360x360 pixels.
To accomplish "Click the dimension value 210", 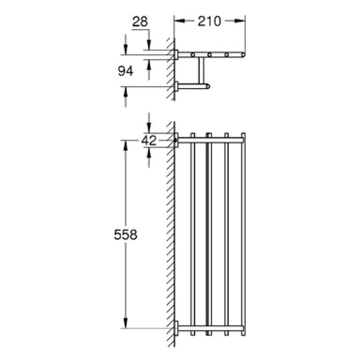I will pyautogui.click(x=209, y=22).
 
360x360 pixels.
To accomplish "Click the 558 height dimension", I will pyautogui.click(x=125, y=235).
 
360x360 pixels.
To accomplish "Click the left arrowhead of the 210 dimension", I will pyautogui.click(x=178, y=22).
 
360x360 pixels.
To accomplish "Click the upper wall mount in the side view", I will pyautogui.click(x=176, y=55).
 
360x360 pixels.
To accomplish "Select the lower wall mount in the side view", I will pyautogui.click(x=176, y=87).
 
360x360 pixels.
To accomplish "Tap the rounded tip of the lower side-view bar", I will pyautogui.click(x=208, y=87).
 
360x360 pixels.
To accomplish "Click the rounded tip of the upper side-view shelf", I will pyautogui.click(x=243, y=55).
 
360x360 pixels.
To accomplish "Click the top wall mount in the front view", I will pyautogui.click(x=176, y=140).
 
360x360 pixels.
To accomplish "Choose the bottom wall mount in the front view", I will pyautogui.click(x=176, y=328).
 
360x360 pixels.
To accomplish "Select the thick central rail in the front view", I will pyautogui.click(x=208, y=234).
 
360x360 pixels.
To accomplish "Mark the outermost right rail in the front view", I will pyautogui.click(x=243, y=234).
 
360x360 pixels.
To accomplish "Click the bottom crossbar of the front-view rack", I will pyautogui.click(x=210, y=328).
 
